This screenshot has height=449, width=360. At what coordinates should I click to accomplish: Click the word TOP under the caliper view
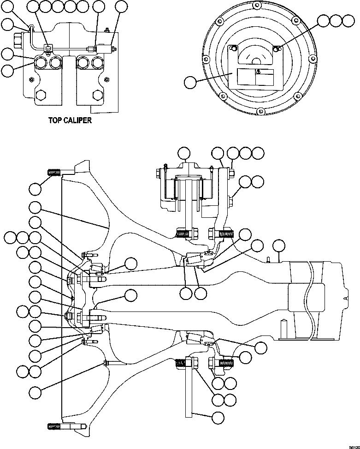pos(56,120)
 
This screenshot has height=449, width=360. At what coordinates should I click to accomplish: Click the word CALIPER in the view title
pos(77,120)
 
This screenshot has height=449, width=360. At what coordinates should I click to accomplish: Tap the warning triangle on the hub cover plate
pos(258,72)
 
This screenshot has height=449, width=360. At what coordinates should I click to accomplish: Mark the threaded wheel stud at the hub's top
pos(54,173)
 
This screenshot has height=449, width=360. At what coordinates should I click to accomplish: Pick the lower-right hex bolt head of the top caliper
pos(97,96)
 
